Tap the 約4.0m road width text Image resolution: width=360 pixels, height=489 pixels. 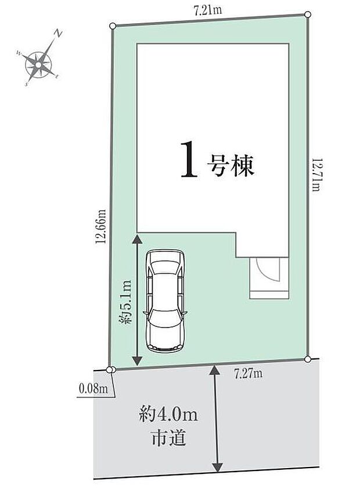click(x=169, y=415)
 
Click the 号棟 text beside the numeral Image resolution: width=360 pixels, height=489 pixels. click(x=230, y=167)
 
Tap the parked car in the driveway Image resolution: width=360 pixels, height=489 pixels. click(x=166, y=301)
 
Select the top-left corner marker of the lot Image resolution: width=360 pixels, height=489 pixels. click(x=112, y=25)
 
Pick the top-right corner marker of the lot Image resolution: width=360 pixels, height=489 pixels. click(x=308, y=14)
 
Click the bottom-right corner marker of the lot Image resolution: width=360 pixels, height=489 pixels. click(x=307, y=359)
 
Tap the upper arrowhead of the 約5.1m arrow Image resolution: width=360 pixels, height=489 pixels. click(x=137, y=238)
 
